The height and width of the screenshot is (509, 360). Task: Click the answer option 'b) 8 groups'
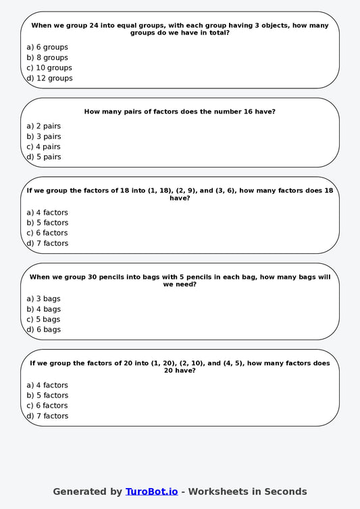(x=47, y=58)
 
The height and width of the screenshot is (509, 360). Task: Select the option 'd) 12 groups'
(x=49, y=78)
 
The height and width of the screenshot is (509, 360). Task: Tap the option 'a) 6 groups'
(x=47, y=47)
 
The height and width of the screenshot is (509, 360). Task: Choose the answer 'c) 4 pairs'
(x=43, y=146)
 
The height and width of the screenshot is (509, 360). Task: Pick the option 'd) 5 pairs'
(x=43, y=157)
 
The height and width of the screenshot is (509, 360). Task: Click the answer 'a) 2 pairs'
(x=43, y=126)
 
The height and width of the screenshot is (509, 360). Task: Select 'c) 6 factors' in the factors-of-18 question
(x=47, y=233)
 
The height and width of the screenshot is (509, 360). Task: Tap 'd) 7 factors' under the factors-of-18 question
(x=47, y=244)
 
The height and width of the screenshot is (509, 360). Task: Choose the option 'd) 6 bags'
(x=43, y=329)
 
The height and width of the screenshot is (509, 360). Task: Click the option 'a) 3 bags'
(x=43, y=298)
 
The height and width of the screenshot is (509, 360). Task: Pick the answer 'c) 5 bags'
(x=43, y=319)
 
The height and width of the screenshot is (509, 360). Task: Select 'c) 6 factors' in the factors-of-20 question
(x=47, y=406)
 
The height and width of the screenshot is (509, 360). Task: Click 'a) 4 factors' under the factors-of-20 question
(x=47, y=385)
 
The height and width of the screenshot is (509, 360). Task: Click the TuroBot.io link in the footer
(x=151, y=491)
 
